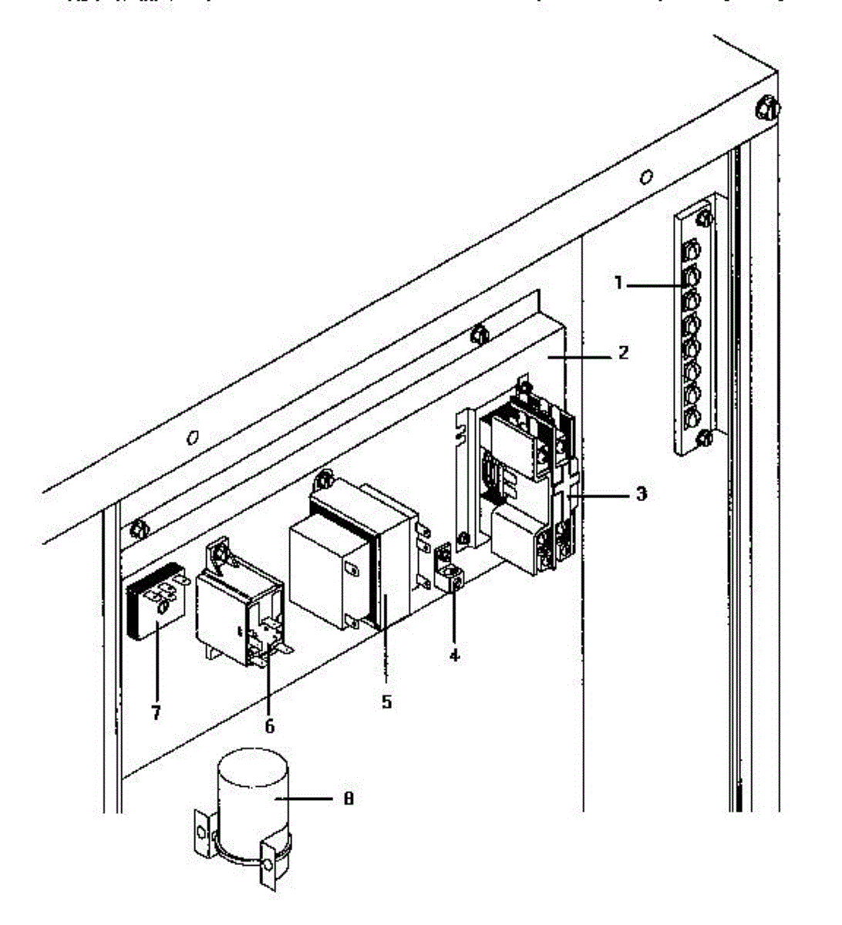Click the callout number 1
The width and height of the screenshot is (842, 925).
click(x=618, y=283)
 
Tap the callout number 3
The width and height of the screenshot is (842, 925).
click(x=642, y=493)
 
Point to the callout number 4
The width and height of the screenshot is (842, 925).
click(x=454, y=655)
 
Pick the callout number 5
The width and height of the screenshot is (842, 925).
click(x=386, y=701)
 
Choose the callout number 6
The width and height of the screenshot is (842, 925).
click(x=269, y=725)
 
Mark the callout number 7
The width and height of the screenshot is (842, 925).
click(x=156, y=712)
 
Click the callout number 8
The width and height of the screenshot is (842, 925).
click(x=349, y=799)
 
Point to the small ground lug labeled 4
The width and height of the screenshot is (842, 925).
click(x=448, y=570)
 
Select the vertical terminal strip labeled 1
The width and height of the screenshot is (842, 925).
click(x=694, y=324)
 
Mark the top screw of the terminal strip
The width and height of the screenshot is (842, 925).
click(x=704, y=218)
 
